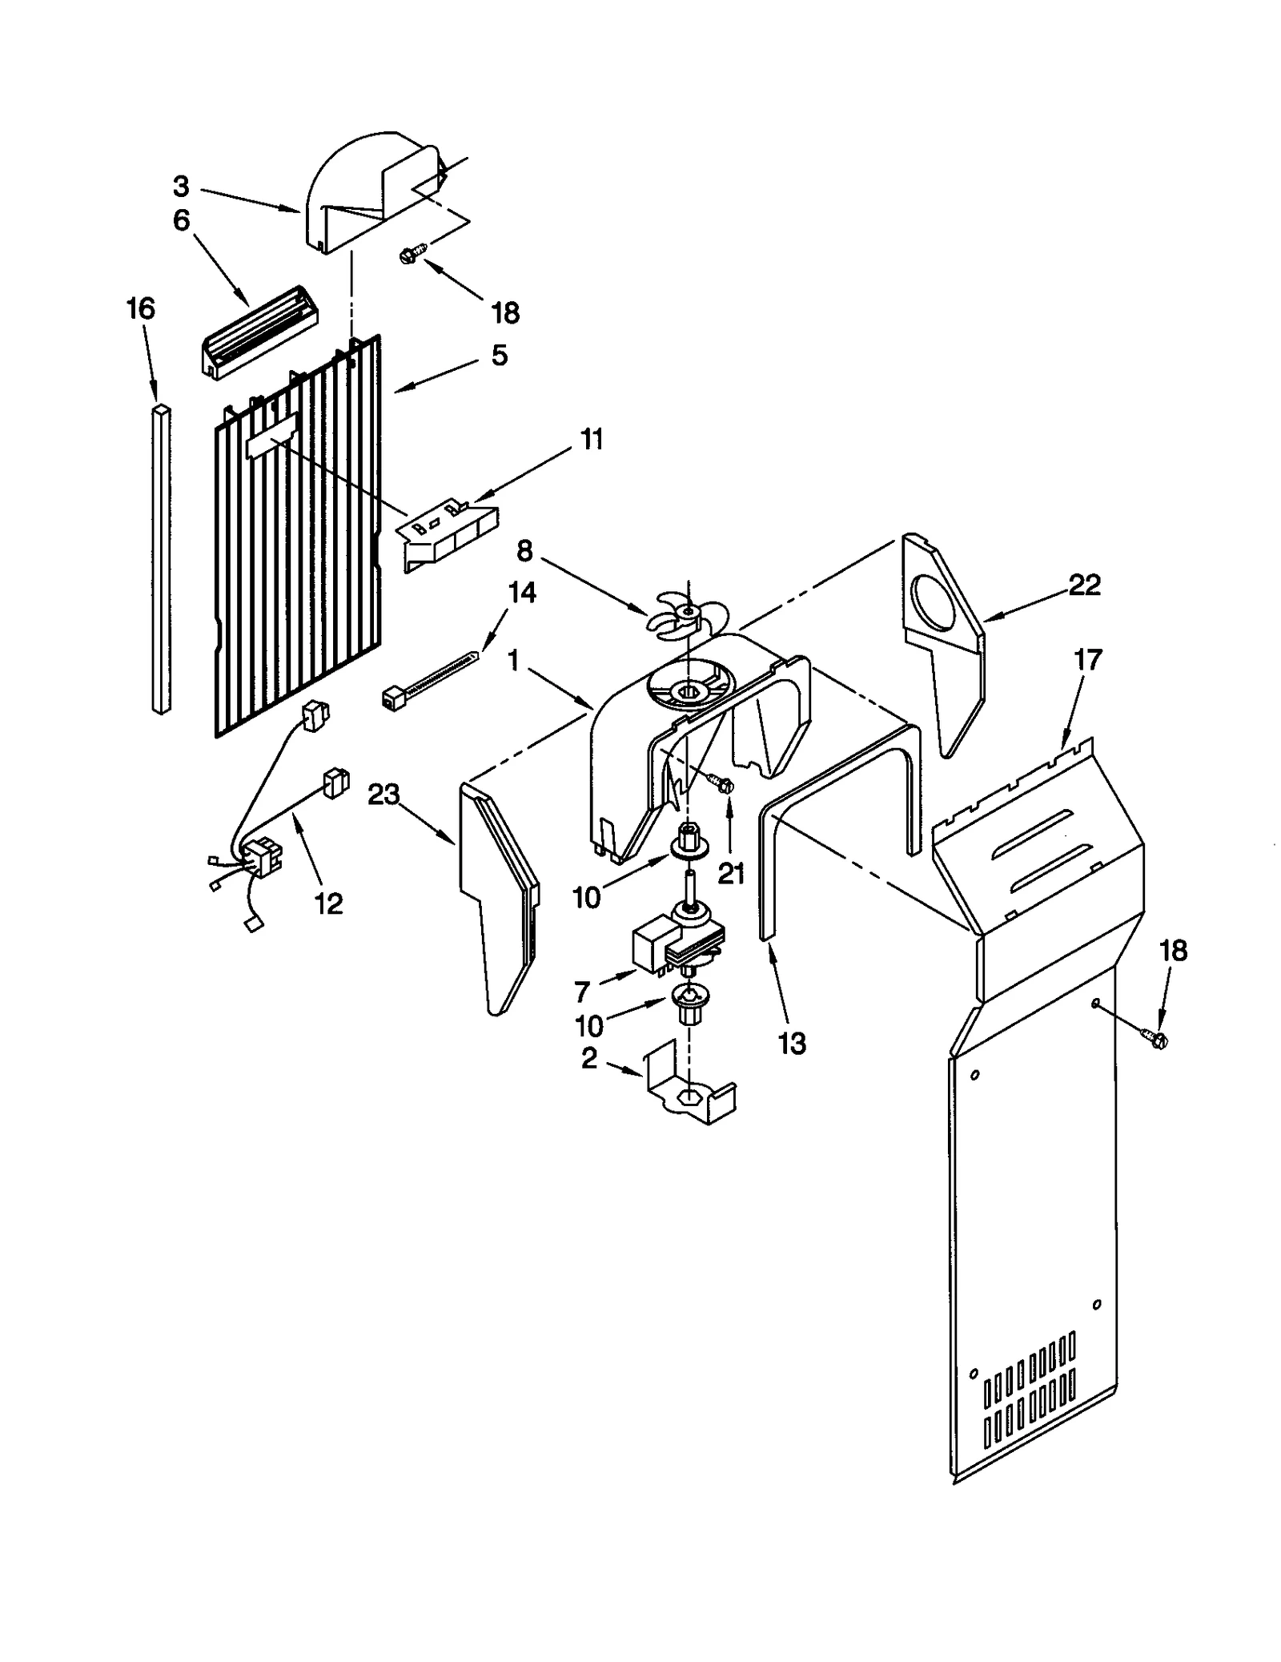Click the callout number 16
141,308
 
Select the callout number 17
1088,660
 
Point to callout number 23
383,794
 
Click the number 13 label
792,1044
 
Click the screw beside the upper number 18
409,256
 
